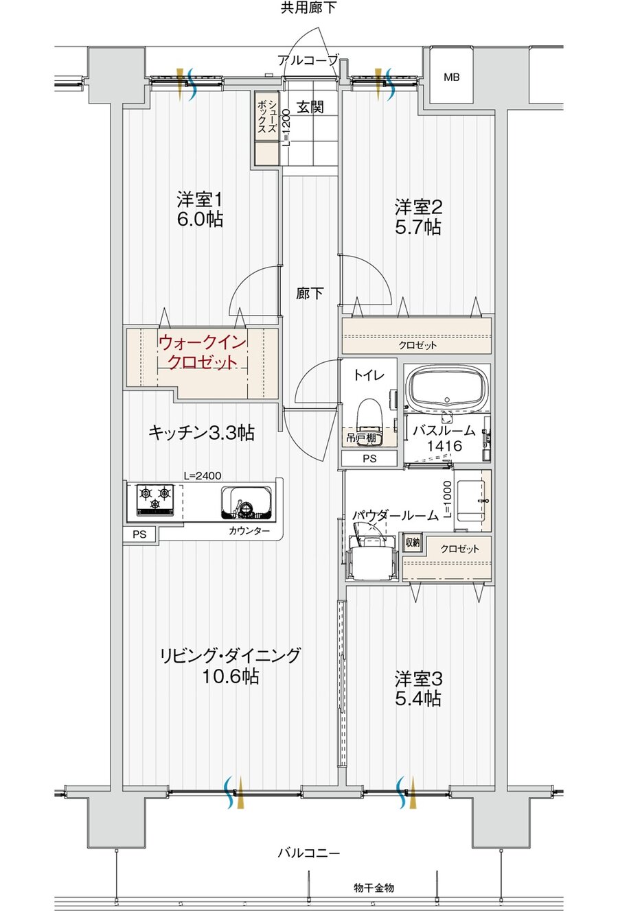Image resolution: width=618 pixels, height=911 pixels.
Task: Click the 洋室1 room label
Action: coord(199,210)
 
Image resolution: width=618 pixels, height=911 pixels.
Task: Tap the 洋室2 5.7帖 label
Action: coord(417,217)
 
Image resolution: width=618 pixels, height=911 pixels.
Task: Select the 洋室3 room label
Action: coord(417,689)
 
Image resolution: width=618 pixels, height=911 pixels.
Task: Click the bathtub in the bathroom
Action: coord(447,388)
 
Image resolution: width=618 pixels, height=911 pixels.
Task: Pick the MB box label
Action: coord(451,77)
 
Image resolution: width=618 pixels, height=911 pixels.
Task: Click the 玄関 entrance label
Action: coord(310,107)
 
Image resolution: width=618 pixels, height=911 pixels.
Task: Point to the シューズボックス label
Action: coord(267,119)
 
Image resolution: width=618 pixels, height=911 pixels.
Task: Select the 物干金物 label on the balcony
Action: coord(374,888)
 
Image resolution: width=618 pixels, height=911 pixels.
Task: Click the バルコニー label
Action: coord(308,853)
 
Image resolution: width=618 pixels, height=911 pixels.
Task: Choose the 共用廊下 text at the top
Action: coord(308,8)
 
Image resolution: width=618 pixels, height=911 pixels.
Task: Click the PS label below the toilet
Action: coord(369,459)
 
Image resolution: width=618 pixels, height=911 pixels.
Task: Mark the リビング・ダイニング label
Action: coord(231,665)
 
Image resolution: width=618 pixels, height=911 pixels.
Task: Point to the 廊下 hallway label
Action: coord(310,294)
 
